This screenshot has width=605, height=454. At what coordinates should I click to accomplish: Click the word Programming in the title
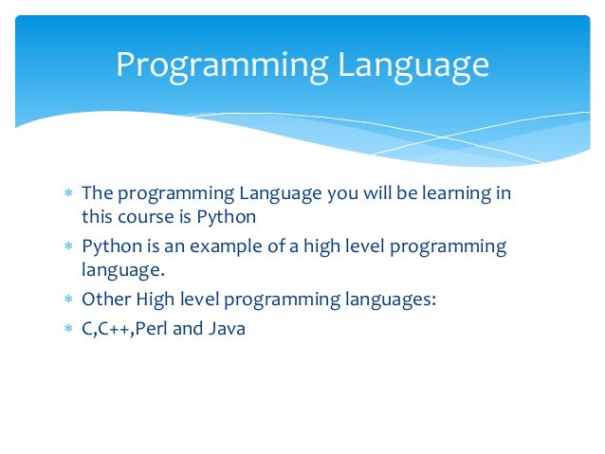pos(222,64)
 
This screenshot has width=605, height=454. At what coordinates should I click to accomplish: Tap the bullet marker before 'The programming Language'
pos(67,194)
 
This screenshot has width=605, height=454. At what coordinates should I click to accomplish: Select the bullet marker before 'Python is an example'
pos(67,247)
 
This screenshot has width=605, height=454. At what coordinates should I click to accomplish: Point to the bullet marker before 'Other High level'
pos(67,300)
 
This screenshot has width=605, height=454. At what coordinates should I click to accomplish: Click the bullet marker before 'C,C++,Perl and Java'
pos(67,331)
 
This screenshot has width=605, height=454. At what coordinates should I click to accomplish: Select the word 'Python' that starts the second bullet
pos(111,247)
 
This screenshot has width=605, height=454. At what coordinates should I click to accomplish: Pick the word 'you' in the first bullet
pos(340,195)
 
